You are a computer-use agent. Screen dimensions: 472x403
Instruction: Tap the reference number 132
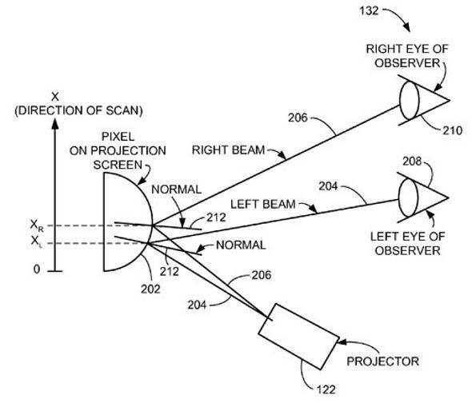coord(369,11)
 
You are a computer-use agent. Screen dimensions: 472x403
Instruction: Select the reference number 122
coord(326,389)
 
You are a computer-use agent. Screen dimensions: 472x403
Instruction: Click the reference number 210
coord(452,130)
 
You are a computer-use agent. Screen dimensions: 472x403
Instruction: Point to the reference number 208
coord(412,162)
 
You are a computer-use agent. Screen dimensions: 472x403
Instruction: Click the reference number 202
coord(150,289)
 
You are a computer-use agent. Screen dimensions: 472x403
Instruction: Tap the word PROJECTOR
coord(383,361)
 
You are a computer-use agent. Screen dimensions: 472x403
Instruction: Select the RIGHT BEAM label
coord(228,150)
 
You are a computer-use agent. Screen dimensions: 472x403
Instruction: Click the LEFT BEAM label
coord(262,205)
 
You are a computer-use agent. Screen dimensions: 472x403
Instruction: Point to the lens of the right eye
coord(410,100)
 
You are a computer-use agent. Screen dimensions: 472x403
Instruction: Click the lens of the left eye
coord(408,198)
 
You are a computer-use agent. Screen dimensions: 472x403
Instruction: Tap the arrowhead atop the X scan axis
coord(54,124)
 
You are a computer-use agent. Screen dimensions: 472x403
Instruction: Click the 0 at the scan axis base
coord(37,269)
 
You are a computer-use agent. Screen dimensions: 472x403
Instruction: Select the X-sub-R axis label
coord(37,225)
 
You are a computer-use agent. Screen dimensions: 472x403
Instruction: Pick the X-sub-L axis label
coord(37,241)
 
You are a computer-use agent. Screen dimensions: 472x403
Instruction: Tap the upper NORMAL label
coord(176,190)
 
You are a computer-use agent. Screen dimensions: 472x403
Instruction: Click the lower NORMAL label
coord(241,245)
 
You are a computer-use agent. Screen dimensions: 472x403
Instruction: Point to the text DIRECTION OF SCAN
coord(78,110)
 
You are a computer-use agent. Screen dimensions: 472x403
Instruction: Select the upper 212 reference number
coord(216,217)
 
